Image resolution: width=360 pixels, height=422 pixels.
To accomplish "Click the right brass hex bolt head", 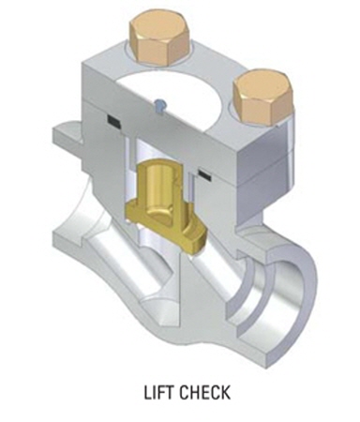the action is coord(262,98).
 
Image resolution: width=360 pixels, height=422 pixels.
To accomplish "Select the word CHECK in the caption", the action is coord(205,393).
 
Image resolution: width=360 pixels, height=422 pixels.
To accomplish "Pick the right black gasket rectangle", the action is coord(203,174).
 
